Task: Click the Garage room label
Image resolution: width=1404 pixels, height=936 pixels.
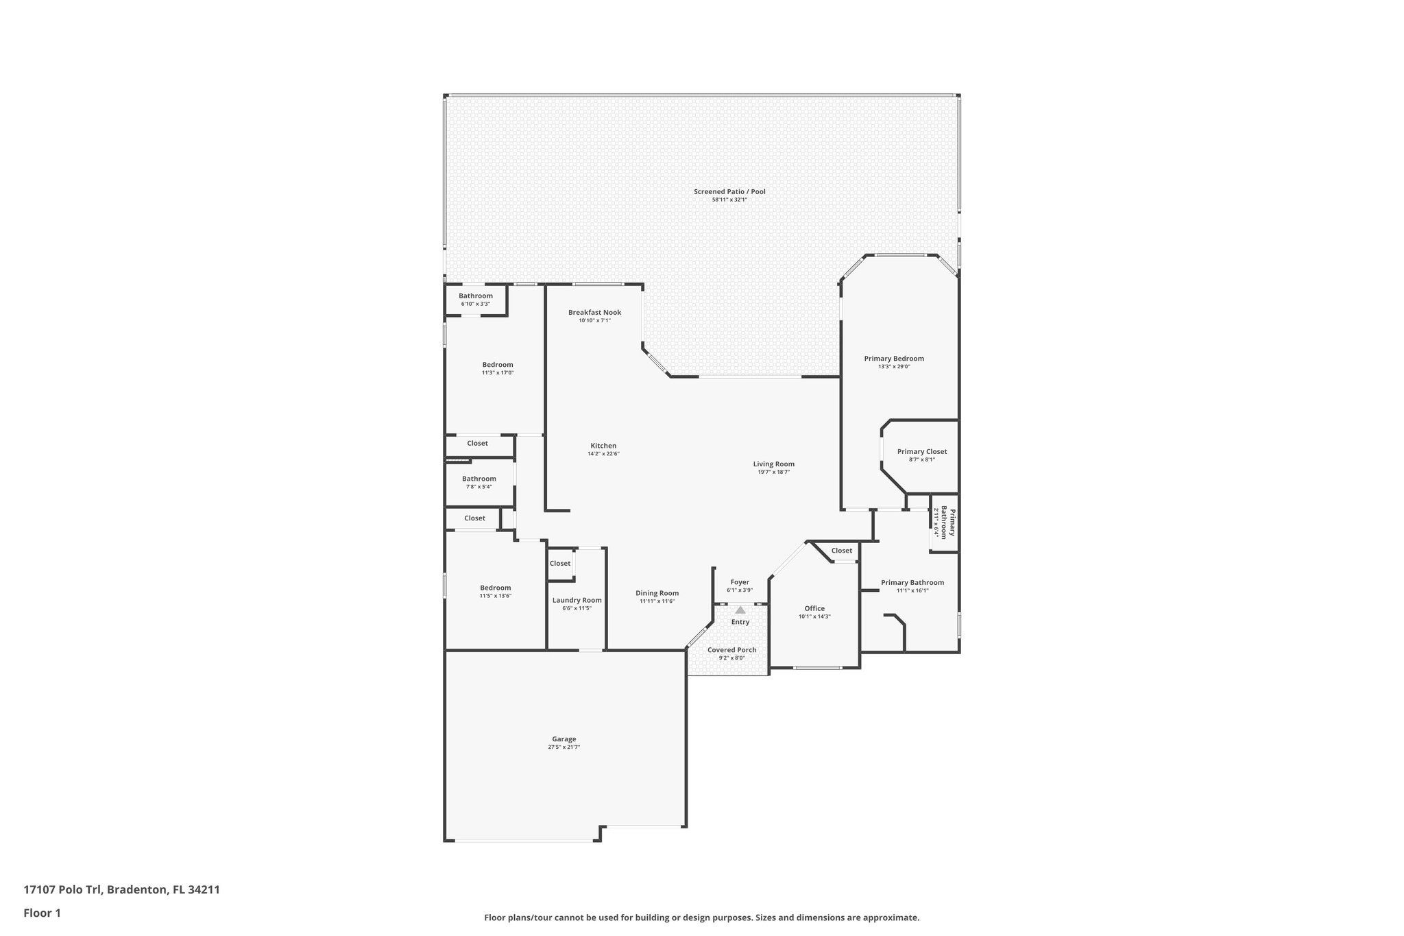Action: (564, 739)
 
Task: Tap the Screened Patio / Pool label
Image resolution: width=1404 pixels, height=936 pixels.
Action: (729, 191)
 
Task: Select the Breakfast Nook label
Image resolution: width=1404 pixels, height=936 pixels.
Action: (594, 312)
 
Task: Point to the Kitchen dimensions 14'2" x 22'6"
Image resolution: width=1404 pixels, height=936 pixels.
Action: (603, 454)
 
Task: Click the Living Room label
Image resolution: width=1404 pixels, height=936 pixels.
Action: (773, 464)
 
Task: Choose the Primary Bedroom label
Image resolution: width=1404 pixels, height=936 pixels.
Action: (893, 359)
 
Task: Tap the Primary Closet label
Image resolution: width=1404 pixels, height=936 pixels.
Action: (921, 451)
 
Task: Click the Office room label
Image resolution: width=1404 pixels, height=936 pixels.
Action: (814, 608)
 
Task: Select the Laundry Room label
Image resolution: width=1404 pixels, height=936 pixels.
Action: (577, 600)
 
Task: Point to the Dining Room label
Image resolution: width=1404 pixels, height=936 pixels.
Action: (657, 593)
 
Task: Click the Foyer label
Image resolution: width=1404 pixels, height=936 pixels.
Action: (740, 582)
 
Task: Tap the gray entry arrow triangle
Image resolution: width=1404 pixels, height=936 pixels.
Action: (740, 610)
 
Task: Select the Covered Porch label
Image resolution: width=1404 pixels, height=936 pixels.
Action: (731, 650)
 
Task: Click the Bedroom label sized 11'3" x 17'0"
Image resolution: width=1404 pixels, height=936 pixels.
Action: (497, 365)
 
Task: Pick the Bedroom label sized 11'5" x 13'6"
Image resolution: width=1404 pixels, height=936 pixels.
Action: (495, 588)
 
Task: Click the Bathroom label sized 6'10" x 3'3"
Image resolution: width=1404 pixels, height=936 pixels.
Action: (475, 296)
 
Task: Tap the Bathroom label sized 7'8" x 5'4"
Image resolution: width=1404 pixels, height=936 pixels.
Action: (479, 479)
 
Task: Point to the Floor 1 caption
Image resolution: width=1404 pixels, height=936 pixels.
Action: (42, 913)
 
